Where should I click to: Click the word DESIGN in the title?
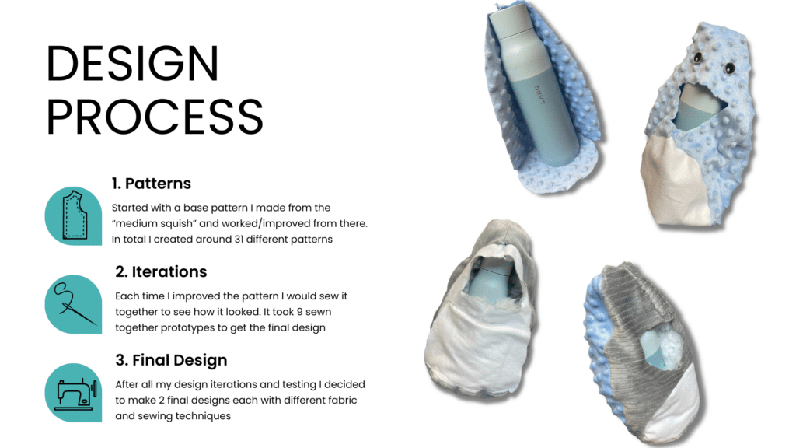pyautogui.click(x=132, y=63)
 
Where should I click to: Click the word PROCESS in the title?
pyautogui.click(x=155, y=117)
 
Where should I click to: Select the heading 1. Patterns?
pyautogui.click(x=152, y=184)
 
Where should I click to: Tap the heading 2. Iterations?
pyautogui.click(x=161, y=271)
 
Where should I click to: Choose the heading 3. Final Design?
pyautogui.click(x=171, y=360)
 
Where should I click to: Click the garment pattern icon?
pyautogui.click(x=74, y=215)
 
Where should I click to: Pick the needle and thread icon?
pyautogui.click(x=74, y=304)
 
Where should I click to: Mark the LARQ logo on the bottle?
pyautogui.click(x=539, y=94)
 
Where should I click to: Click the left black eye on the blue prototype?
pyautogui.click(x=699, y=58)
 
